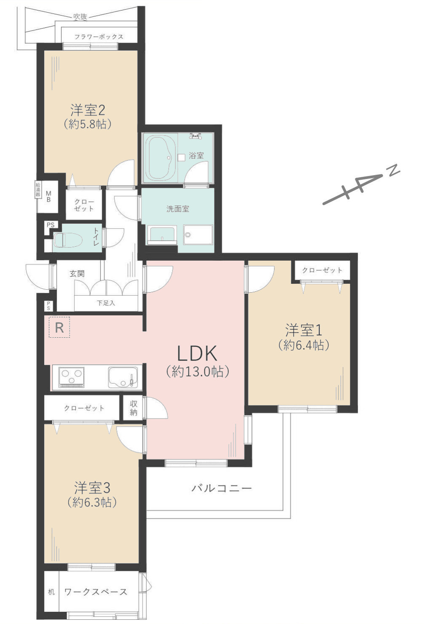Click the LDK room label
(197, 354)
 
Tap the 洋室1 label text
(303, 329)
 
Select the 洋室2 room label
(87, 110)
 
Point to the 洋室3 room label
(92, 488)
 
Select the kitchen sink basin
(122, 377)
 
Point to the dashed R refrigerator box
(59, 328)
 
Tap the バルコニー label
(222, 488)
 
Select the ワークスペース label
(95, 592)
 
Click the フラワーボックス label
(99, 37)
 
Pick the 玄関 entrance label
(77, 274)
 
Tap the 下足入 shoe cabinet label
(106, 303)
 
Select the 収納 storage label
(133, 408)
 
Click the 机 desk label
(51, 592)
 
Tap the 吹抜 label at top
(80, 17)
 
